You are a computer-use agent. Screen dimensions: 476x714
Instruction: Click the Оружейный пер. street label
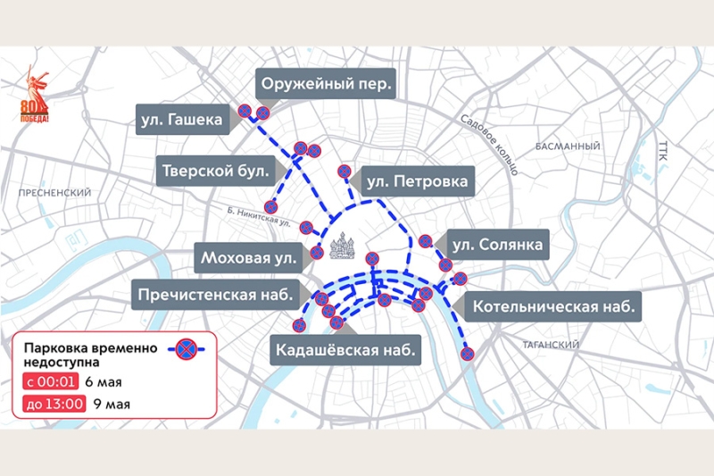pyautogui.click(x=326, y=87)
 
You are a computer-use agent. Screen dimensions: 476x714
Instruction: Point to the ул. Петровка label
pyautogui.click(x=416, y=182)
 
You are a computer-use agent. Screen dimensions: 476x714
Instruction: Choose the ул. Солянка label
pyautogui.click(x=495, y=244)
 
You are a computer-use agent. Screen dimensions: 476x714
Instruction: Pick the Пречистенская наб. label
pyautogui.click(x=220, y=293)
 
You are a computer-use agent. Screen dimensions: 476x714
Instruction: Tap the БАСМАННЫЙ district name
pyautogui.click(x=568, y=146)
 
